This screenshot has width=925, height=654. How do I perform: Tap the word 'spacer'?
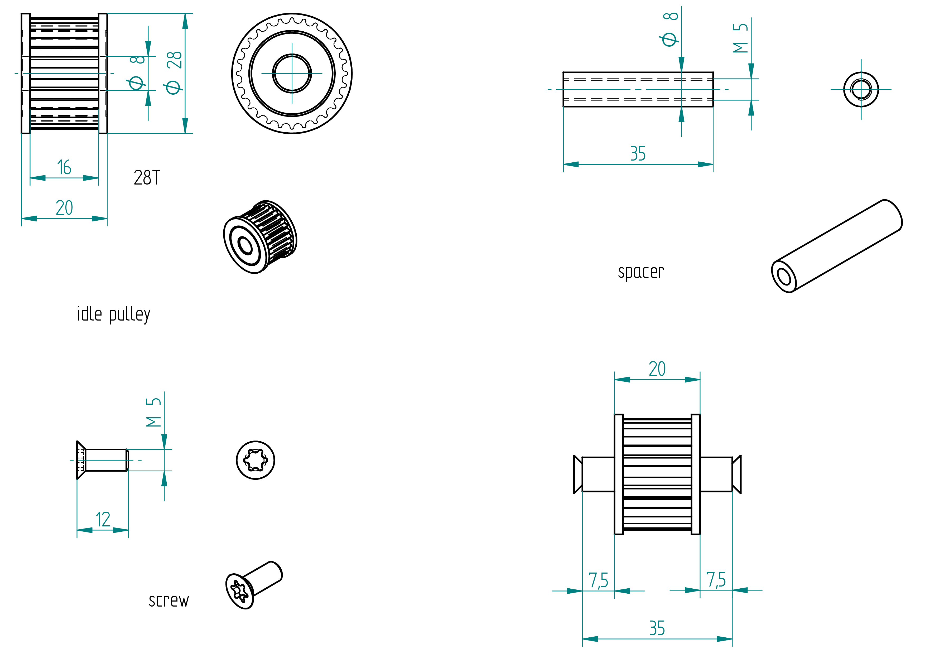(x=641, y=272)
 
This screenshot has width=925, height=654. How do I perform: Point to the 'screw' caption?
(x=169, y=600)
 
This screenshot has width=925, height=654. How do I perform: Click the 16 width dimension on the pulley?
(x=64, y=167)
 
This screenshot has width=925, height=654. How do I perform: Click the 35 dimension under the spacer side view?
(x=638, y=153)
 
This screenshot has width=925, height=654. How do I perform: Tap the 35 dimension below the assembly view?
(x=657, y=628)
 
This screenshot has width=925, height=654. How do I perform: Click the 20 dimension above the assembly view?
(x=657, y=369)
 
